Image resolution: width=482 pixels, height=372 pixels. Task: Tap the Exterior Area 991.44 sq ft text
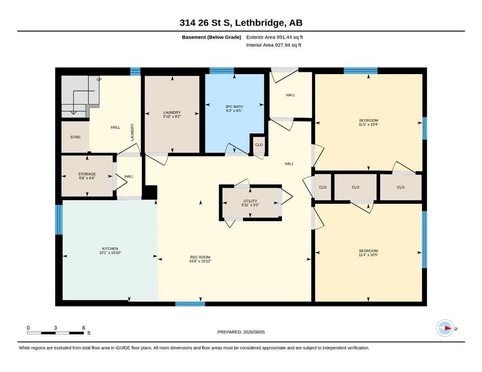[x=275, y=37]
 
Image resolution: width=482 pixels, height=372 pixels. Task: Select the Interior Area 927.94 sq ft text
[x=274, y=45]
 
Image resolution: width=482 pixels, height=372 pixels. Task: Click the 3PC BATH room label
[x=234, y=107]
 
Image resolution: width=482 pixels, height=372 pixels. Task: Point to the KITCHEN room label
[x=110, y=248]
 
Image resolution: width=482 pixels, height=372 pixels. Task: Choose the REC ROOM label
[x=200, y=257]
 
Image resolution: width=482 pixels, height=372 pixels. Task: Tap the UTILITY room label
[x=250, y=201]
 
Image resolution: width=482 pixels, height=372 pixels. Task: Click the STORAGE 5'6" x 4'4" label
[x=87, y=176]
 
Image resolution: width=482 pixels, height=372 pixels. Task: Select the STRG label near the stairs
[x=75, y=137]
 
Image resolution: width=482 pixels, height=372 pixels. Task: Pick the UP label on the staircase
[x=99, y=79]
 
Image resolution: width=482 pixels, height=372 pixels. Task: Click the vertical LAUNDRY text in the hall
[x=132, y=132]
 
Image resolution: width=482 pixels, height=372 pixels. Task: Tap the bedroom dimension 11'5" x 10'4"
[x=368, y=124]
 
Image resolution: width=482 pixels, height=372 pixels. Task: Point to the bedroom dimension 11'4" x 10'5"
[x=368, y=255]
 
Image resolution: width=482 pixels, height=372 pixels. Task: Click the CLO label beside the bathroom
[x=259, y=145]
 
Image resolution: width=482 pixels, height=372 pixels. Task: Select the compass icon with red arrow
[x=445, y=328]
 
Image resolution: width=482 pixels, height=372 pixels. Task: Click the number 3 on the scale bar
[x=55, y=327]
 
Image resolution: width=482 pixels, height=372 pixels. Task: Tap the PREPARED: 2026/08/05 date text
[x=241, y=332]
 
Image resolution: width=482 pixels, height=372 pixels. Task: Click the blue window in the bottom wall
[x=190, y=304]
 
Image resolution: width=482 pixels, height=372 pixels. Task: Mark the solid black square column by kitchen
[x=150, y=192]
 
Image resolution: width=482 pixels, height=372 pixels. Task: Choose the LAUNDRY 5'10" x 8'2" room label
[x=172, y=114]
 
